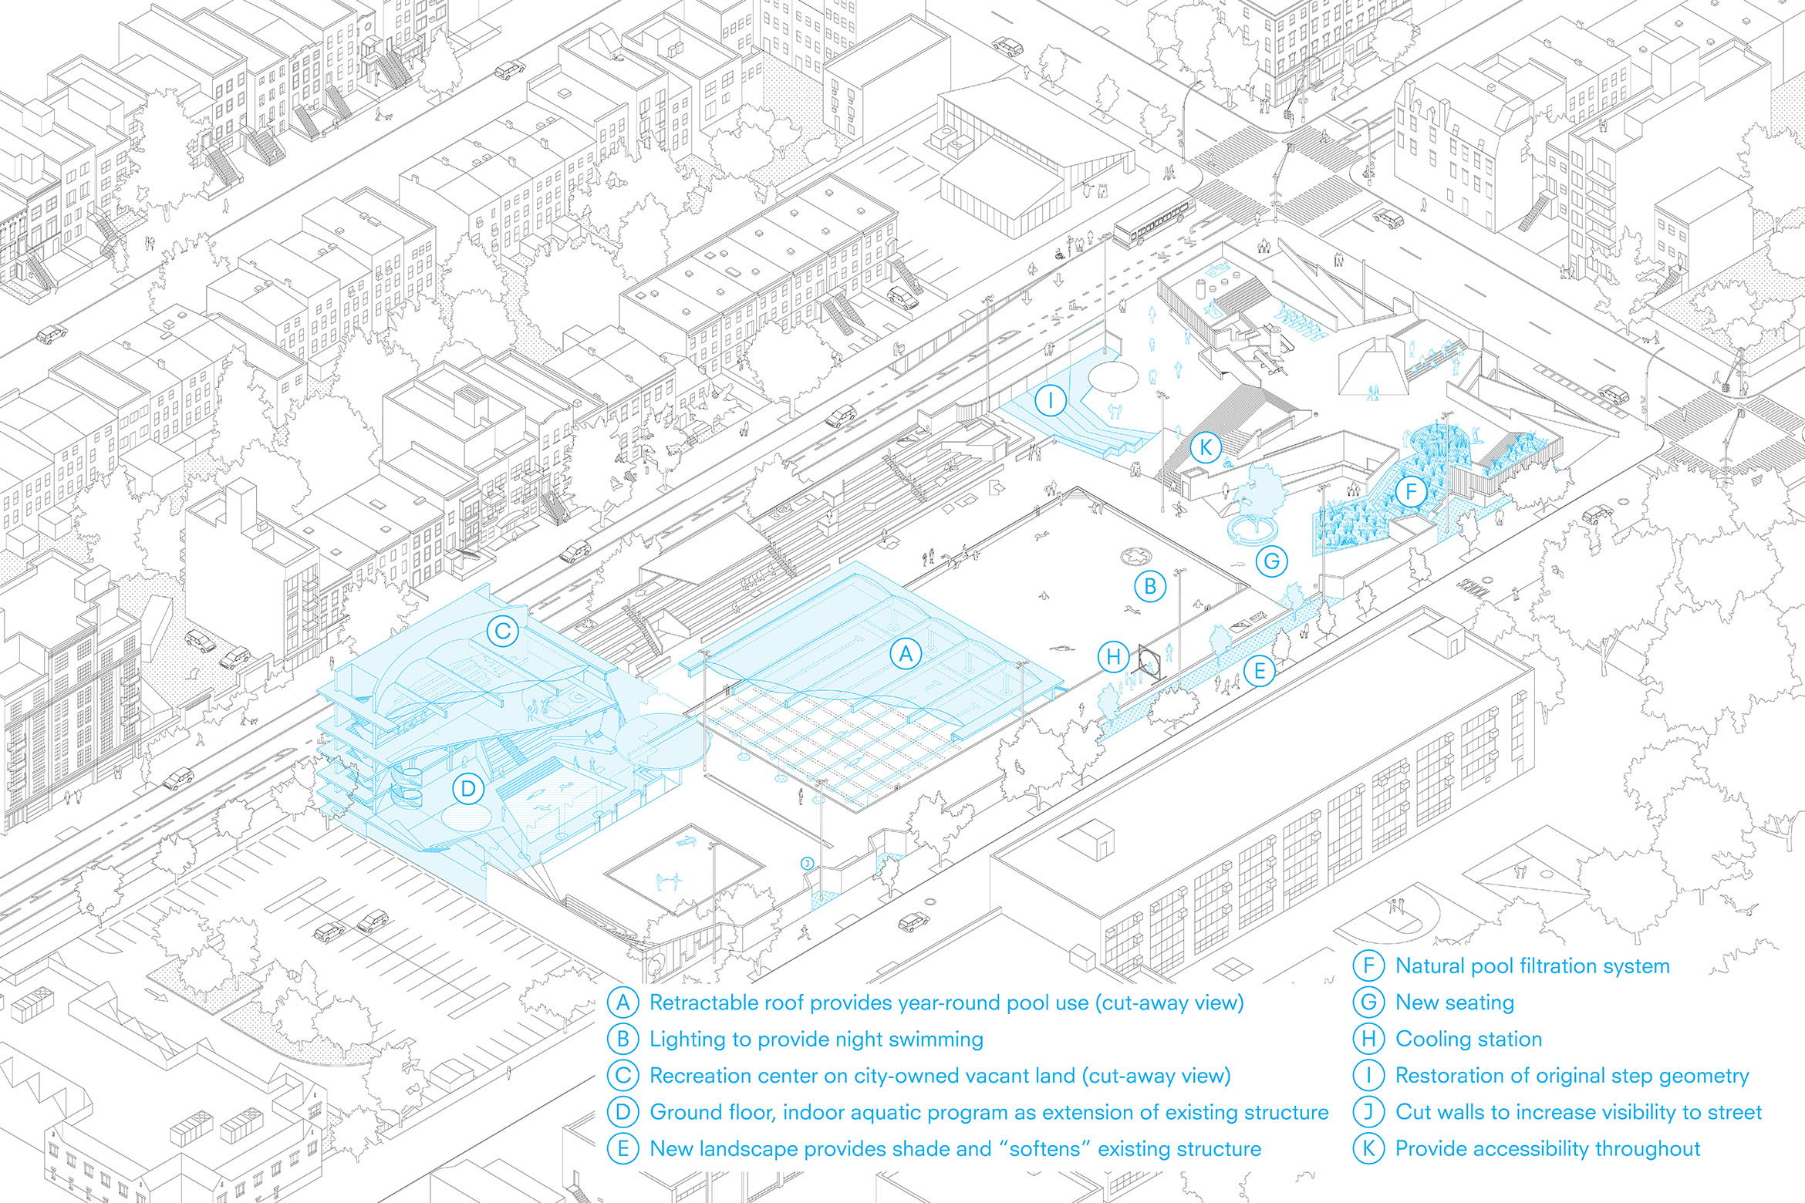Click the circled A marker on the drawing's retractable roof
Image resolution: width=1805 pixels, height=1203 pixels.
906,655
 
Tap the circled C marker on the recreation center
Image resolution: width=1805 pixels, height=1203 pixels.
502,632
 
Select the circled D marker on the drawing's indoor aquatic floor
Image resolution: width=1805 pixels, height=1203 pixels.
467,788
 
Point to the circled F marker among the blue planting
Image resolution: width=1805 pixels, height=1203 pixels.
1411,491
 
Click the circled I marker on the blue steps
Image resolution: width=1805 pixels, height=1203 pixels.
1050,401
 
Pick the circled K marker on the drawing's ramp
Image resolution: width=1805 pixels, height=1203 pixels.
1205,447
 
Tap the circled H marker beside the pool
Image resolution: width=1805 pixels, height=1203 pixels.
1113,657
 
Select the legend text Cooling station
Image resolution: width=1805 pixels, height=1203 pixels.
1469,1039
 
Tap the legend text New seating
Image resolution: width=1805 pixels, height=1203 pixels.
1455,1002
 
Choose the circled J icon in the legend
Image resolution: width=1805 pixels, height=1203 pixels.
1368,1112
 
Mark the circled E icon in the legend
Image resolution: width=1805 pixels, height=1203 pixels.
622,1148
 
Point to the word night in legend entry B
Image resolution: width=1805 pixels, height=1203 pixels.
859,1040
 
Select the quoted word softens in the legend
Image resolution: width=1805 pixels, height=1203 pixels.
1045,1148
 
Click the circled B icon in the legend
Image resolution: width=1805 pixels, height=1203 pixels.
622,1039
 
